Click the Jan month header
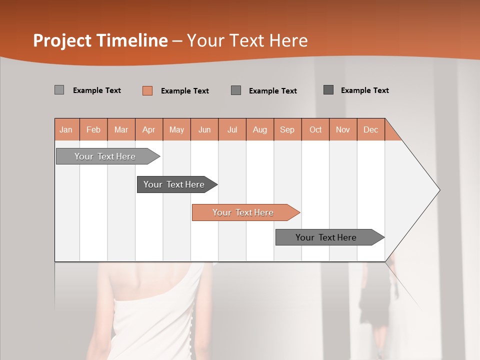[66, 129]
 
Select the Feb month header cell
[93, 129]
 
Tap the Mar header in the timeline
[121, 129]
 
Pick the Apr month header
[149, 129]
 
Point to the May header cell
[176, 129]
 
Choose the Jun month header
[204, 129]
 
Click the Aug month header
[260, 129]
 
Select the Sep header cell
[287, 129]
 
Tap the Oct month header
[315, 129]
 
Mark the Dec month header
[370, 129]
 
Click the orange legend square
[147, 90]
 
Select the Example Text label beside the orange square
[185, 91]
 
